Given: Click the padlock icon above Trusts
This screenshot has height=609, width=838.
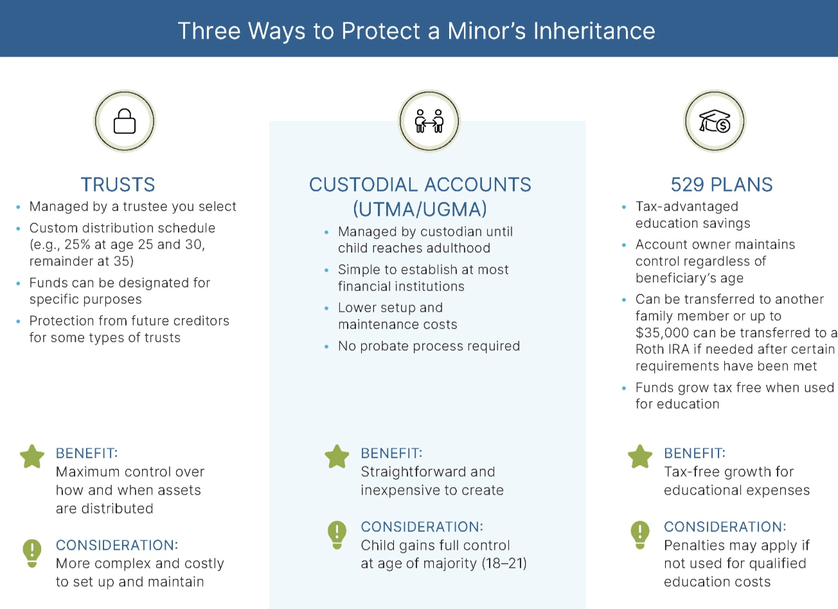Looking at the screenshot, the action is pos(125,121).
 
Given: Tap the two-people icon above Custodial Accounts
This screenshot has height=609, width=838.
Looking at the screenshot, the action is pos(429,121).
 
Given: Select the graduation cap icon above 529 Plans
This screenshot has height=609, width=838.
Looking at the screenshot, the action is pos(715,121).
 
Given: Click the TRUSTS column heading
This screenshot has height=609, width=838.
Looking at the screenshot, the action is pos(118,185).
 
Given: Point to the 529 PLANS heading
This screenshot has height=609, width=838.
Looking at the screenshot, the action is pos(721,185).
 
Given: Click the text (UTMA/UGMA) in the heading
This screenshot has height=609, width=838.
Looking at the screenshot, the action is pos(420,209).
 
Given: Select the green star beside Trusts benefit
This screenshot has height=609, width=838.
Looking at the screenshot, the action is pos(32,457).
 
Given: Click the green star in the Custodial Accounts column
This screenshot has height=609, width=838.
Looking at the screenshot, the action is pos(337,457).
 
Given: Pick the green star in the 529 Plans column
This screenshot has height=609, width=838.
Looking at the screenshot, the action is pos(640,457).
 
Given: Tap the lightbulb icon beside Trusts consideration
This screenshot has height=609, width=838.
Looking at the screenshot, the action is pos(32,552).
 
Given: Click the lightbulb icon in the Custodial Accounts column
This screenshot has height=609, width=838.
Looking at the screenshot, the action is pos(337,533).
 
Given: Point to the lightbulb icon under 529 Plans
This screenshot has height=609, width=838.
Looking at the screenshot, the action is pos(640,533).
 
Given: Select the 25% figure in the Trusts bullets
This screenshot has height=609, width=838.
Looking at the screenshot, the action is pos(77,245).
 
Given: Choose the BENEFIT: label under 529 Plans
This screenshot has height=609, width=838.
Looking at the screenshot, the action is pos(694,454).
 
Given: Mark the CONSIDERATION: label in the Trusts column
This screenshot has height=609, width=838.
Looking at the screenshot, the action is pos(117,545).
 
